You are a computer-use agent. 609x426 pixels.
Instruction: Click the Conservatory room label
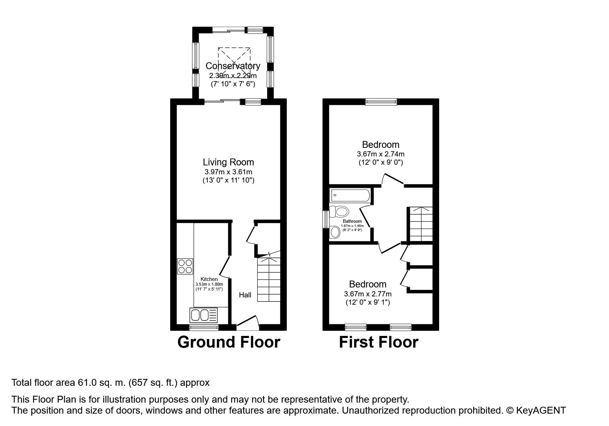233,66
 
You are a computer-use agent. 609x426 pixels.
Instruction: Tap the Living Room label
228,162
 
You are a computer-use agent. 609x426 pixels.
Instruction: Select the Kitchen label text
209,279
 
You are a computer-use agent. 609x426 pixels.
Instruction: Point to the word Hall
245,295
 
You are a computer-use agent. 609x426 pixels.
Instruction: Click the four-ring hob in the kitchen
185,266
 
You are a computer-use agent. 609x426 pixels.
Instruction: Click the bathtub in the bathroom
350,195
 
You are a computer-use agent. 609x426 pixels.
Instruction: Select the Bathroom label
352,221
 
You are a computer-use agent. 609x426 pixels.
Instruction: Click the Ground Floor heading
229,342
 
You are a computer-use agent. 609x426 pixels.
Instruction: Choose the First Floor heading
379,342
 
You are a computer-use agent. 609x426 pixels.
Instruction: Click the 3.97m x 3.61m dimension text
228,172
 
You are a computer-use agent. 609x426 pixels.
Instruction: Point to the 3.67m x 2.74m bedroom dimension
381,154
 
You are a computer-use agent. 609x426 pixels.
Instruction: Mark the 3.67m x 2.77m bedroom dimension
368,294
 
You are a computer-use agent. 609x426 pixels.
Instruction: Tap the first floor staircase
420,224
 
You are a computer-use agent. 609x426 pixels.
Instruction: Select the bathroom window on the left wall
325,219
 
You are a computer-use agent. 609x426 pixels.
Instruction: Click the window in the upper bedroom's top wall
381,102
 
